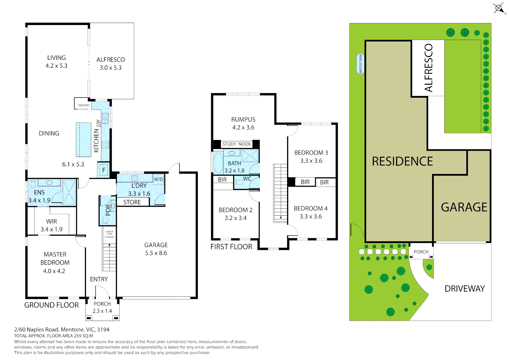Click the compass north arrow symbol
(499, 9)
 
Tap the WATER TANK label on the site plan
(360, 64)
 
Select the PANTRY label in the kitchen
(84, 105)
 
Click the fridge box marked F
(104, 170)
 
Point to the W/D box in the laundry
(158, 179)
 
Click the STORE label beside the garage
(132, 202)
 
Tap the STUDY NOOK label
(237, 144)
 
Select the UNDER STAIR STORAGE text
(109, 234)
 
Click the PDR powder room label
(108, 210)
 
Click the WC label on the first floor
(247, 179)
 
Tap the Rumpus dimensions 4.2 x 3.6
(243, 127)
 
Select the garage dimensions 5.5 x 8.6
(156, 253)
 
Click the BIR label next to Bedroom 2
(222, 180)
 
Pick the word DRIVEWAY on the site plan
(465, 289)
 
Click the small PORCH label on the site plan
(421, 252)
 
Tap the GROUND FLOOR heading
(51, 305)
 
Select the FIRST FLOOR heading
(231, 247)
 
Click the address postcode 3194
(103, 330)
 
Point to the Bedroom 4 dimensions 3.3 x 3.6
(310, 216)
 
